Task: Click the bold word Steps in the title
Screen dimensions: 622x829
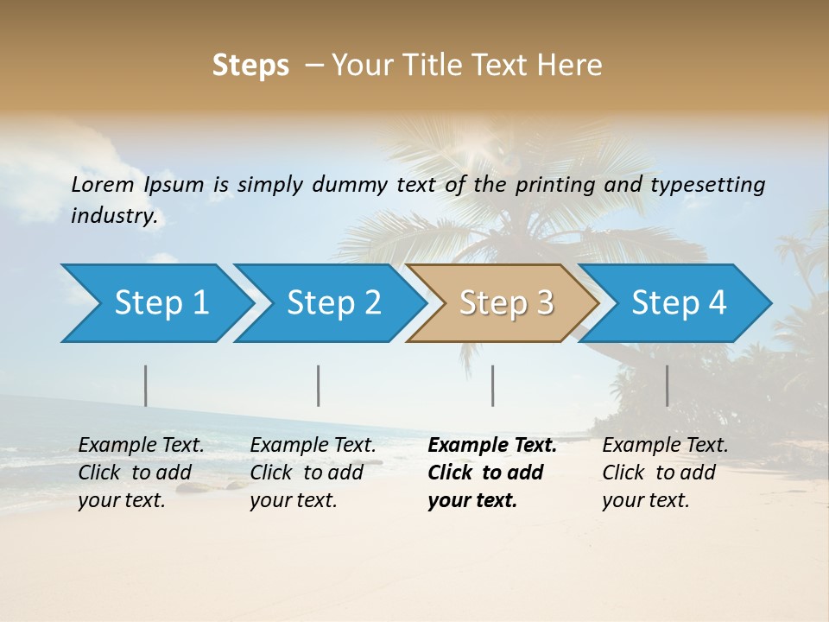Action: coord(250,66)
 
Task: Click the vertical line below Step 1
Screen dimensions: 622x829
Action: coord(146,385)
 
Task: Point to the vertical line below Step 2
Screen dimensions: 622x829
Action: coord(319,385)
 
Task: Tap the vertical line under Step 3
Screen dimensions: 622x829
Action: coord(493,385)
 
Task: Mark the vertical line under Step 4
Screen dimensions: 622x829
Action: coord(668,385)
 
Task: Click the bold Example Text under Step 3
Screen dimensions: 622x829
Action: coord(492,446)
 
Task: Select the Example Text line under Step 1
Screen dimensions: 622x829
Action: coord(141,446)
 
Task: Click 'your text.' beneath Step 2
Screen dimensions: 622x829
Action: coord(293,500)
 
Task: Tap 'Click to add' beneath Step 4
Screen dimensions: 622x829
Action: coord(659,473)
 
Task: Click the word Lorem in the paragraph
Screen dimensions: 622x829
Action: coord(103,185)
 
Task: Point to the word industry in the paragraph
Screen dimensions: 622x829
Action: coord(114,215)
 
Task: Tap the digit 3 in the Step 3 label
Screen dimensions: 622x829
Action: coord(544,303)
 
